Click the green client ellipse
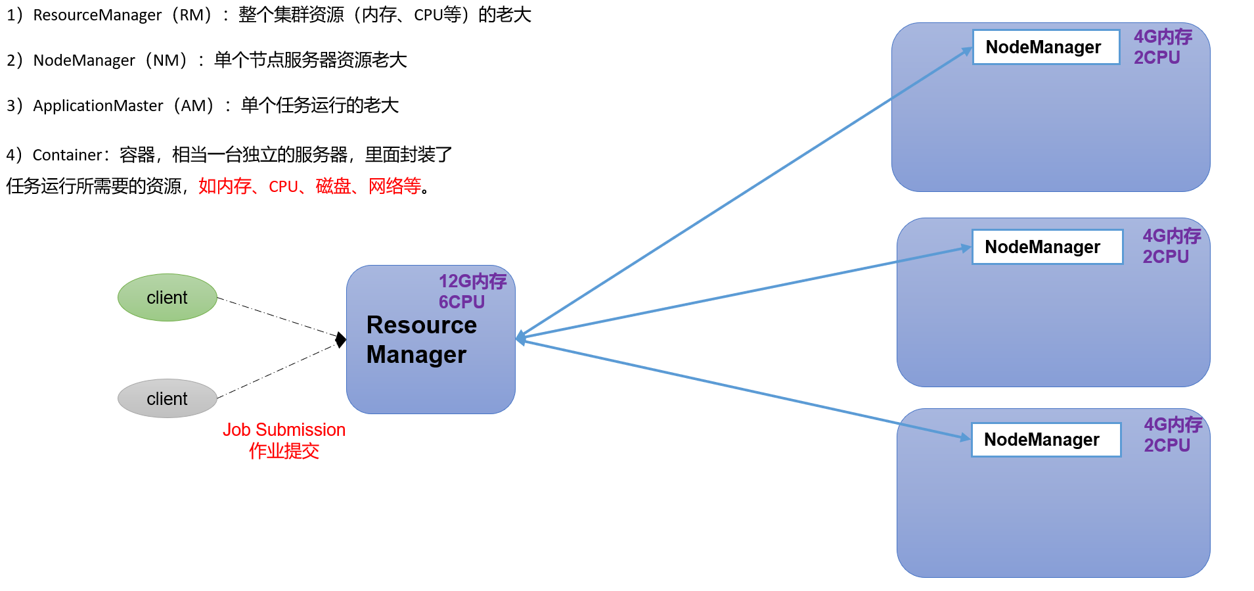coord(167,298)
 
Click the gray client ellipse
coord(167,398)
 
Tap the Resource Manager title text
coord(420,340)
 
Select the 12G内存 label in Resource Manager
coord(472,281)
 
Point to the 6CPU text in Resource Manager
coord(461,302)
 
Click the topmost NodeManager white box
coord(1045,47)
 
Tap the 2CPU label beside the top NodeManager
coord(1156,58)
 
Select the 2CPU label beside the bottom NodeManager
coord(1167,446)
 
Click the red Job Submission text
coord(284,430)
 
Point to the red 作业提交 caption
coord(284,451)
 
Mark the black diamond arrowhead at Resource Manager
coord(340,340)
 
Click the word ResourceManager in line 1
coord(97,15)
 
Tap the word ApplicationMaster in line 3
coord(98,106)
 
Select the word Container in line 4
coord(67,155)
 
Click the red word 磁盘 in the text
coord(333,187)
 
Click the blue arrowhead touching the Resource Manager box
coord(520,338)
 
